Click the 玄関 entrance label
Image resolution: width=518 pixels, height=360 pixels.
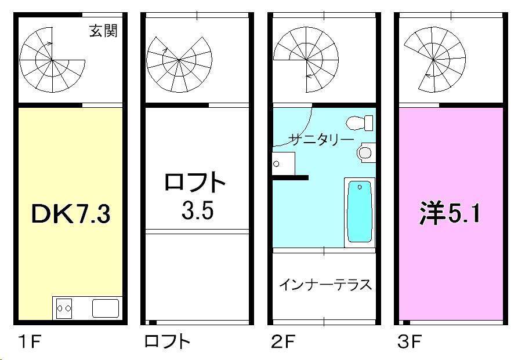(103, 31)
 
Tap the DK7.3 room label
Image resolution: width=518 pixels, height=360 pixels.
(70, 215)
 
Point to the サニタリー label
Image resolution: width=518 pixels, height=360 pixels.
(321, 139)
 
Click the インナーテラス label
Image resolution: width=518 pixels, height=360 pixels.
(325, 285)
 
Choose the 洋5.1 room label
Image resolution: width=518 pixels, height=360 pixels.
(450, 214)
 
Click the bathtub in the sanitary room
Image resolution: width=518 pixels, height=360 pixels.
(360, 212)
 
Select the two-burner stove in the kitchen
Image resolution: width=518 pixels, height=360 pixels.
(64, 308)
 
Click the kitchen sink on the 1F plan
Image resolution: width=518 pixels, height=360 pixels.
(106, 308)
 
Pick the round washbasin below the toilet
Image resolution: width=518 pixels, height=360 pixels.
(365, 152)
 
